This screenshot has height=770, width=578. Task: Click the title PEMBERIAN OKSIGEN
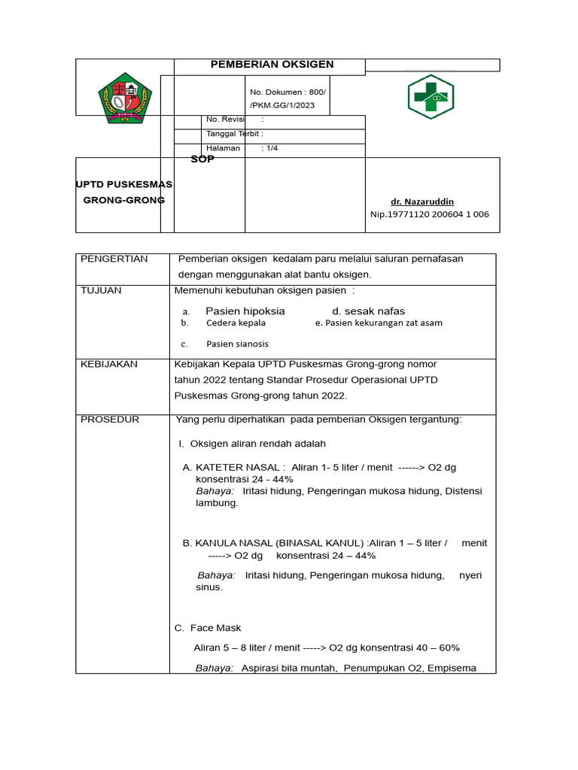[x=272, y=65]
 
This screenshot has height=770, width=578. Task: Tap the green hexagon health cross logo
[x=430, y=96]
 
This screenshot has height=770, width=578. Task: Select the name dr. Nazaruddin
[x=422, y=202]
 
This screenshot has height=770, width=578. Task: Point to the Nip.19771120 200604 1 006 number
[x=429, y=214]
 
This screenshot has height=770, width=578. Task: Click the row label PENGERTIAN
[x=114, y=259]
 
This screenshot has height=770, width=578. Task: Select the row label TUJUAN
[x=101, y=290]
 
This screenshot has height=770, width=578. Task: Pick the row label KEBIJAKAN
[x=109, y=364]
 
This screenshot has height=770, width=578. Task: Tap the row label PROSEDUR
[x=110, y=420]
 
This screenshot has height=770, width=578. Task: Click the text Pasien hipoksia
[x=245, y=311]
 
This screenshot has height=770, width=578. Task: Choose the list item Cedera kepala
[x=236, y=323]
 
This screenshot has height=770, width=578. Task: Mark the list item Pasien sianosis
[x=237, y=344]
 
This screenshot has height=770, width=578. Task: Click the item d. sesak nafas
[x=368, y=311]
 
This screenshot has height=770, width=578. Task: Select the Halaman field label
[x=223, y=148]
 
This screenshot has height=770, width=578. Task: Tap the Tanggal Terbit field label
[x=234, y=134]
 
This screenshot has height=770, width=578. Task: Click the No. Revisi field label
[x=227, y=120]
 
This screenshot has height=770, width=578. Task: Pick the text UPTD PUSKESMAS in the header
[x=124, y=184]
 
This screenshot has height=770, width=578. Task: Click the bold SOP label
[x=202, y=159]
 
